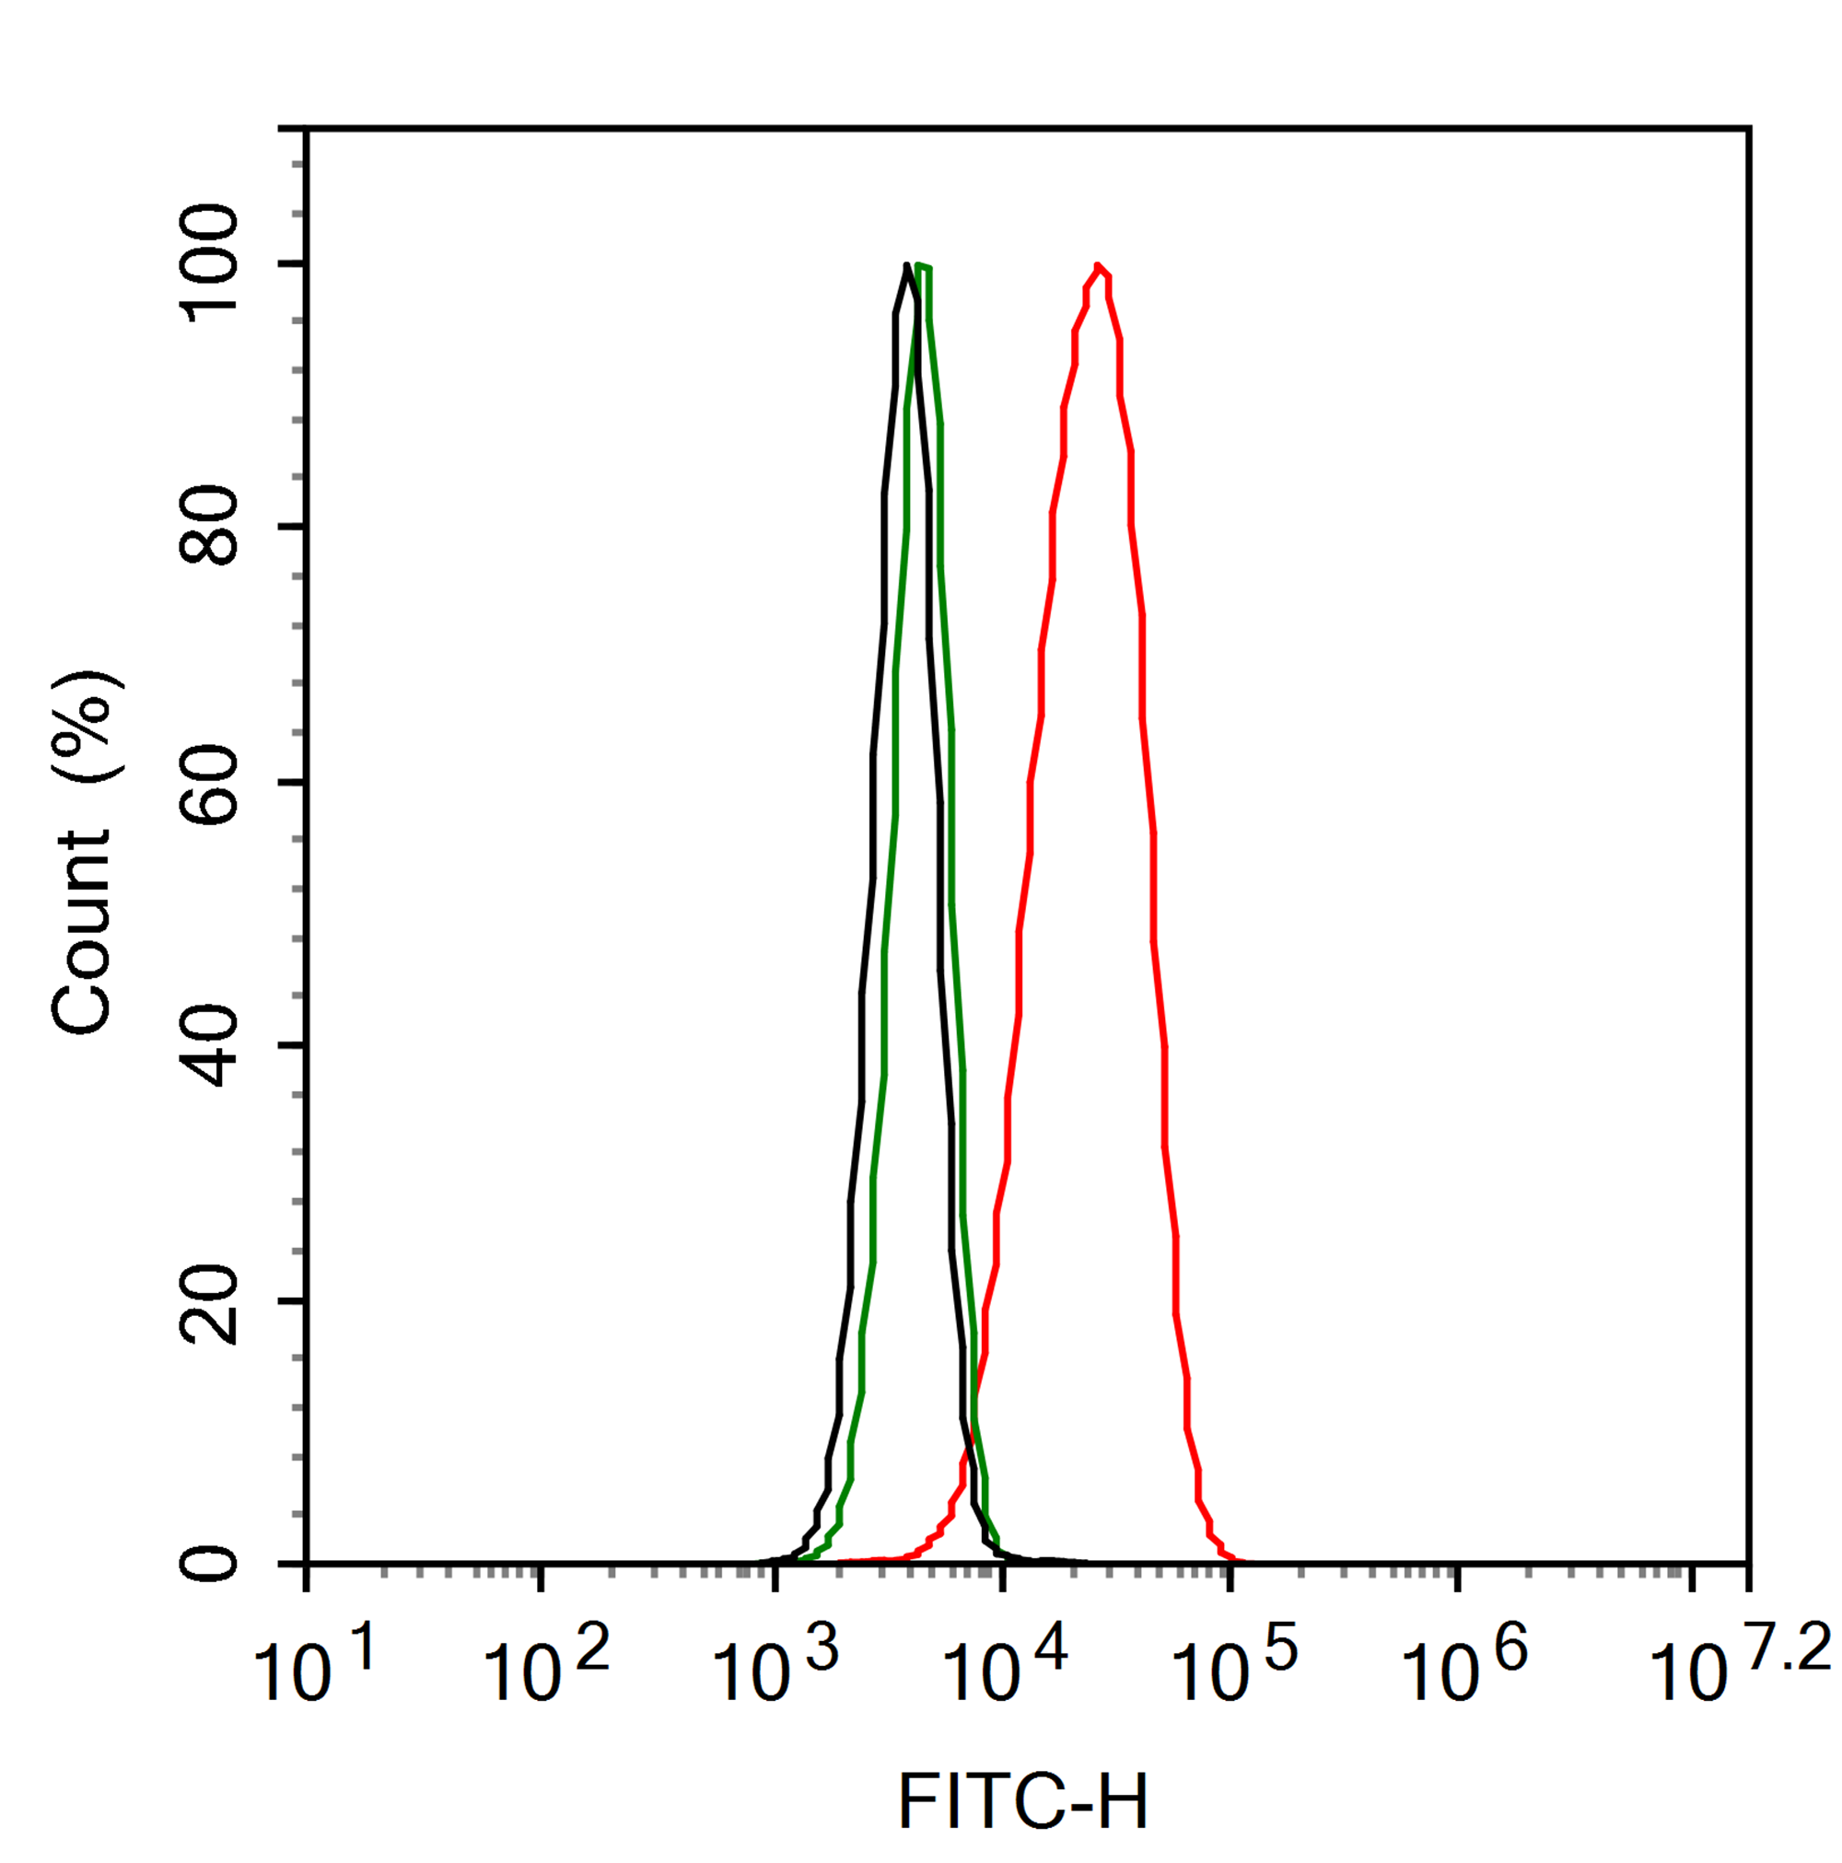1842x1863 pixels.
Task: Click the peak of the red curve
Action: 1098,264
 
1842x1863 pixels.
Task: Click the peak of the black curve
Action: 906,264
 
